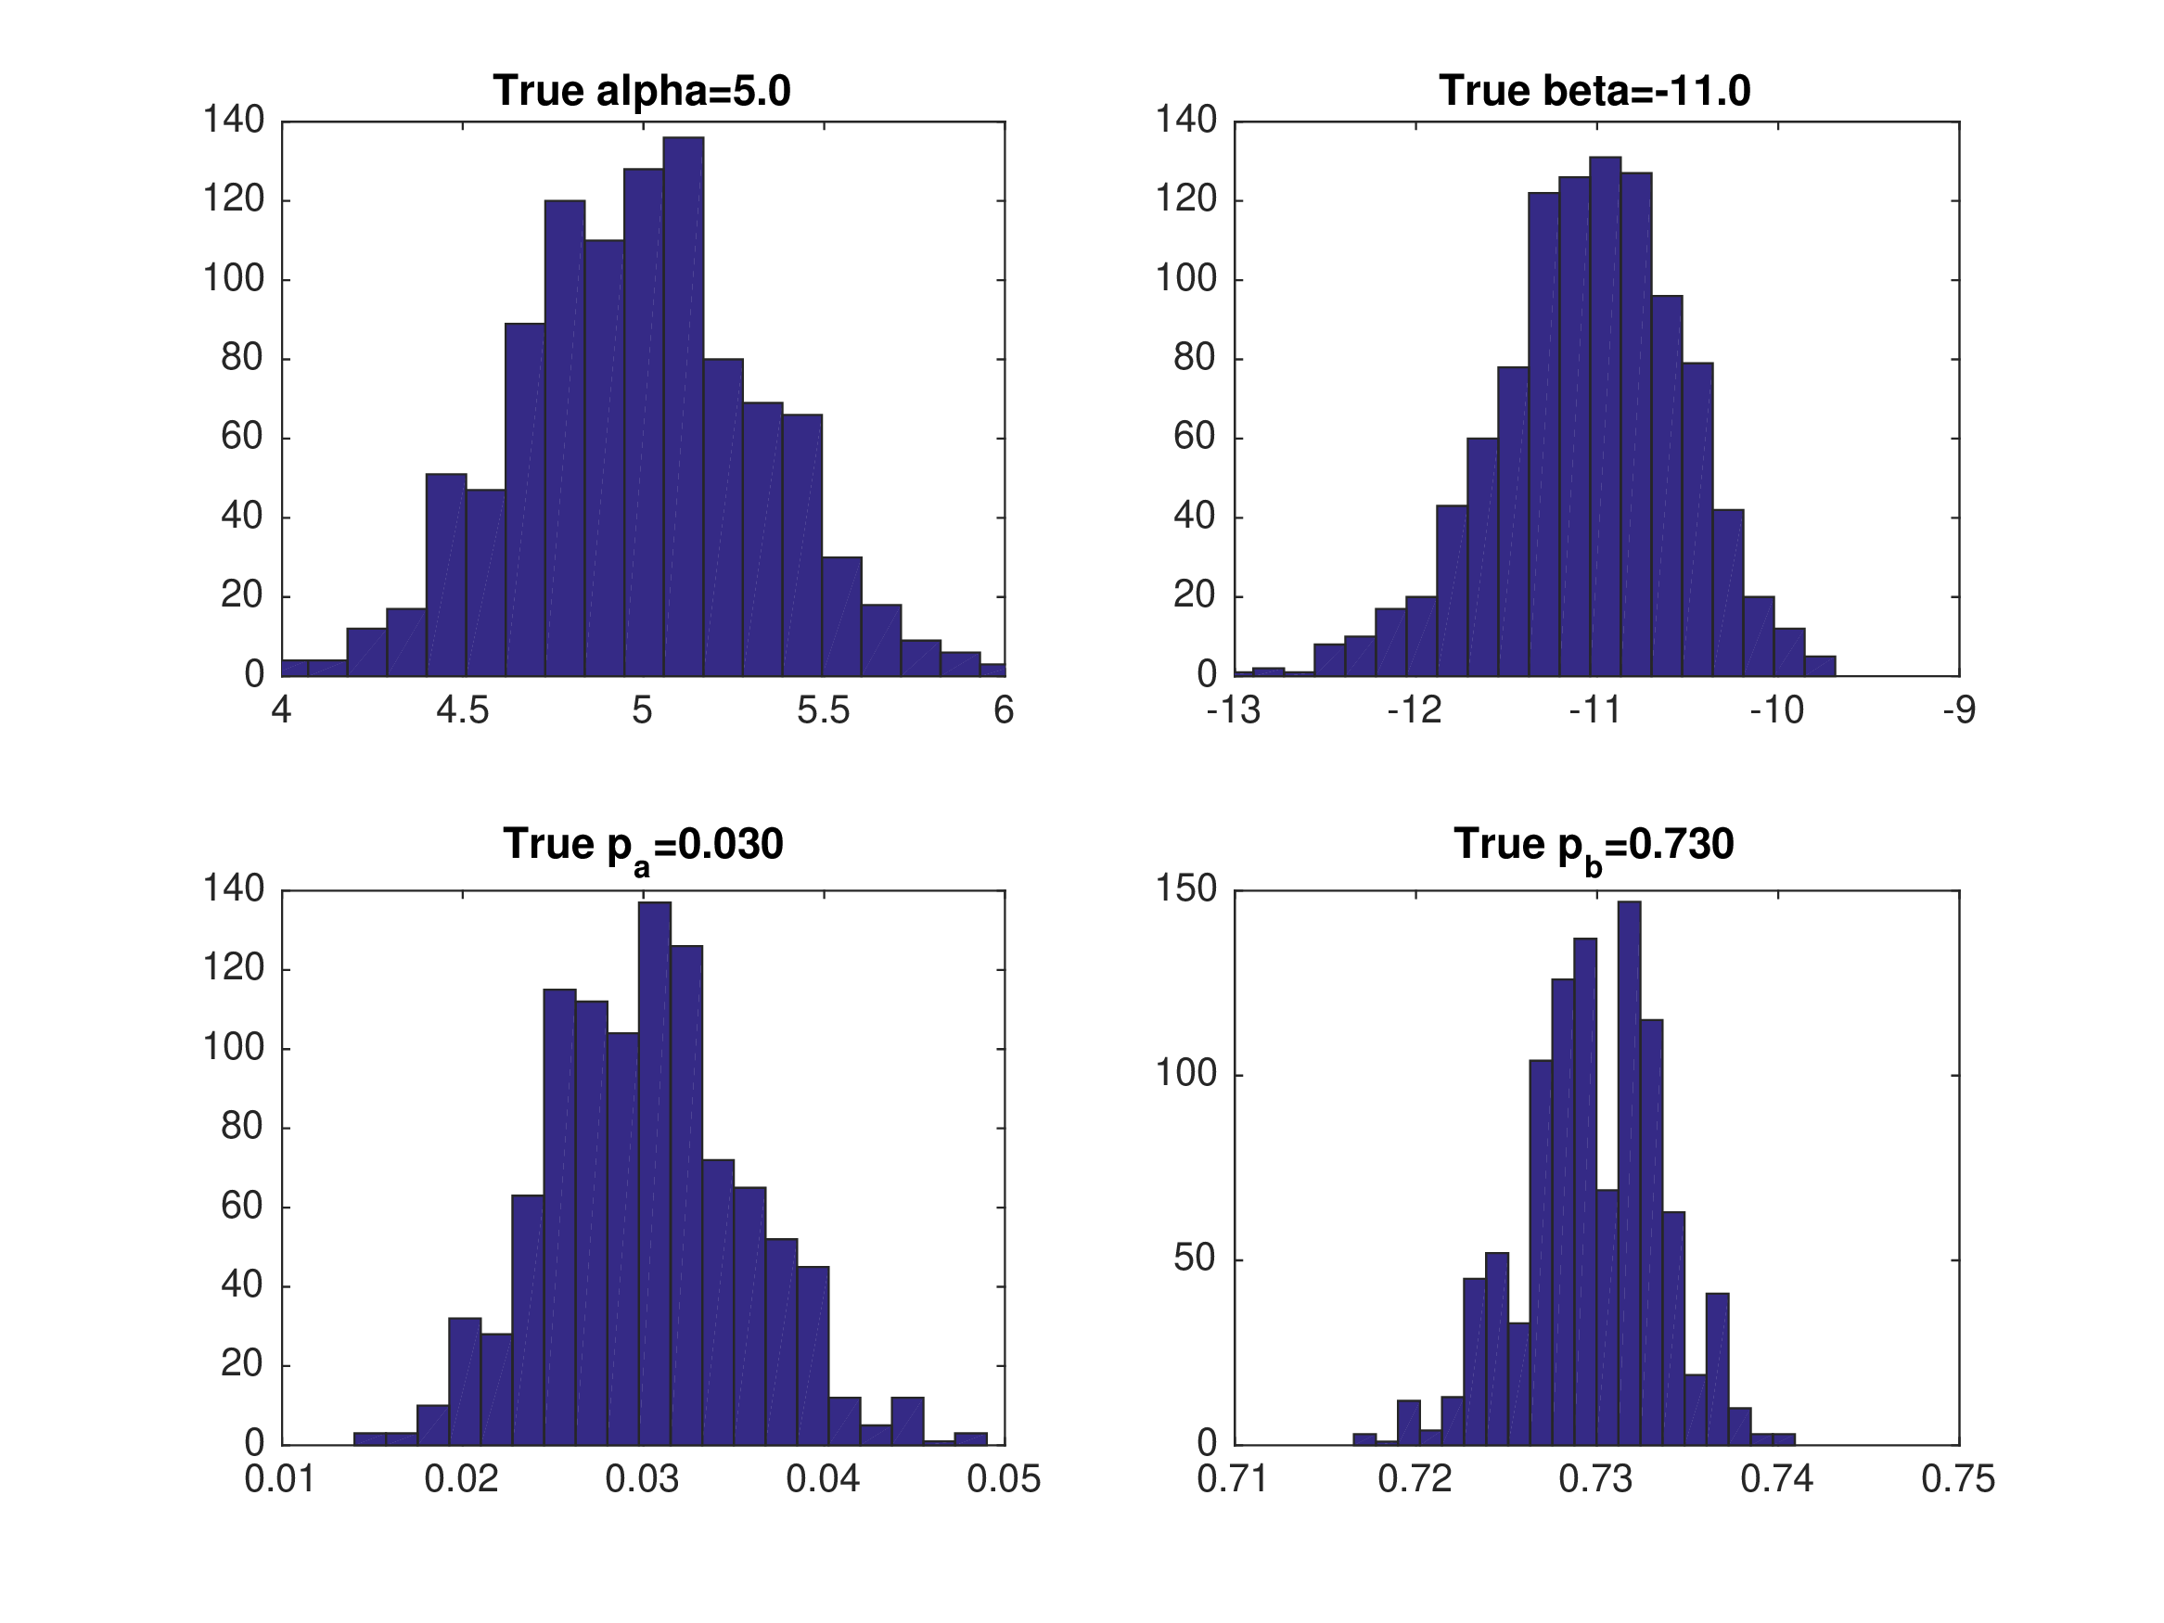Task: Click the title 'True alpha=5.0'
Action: pyautogui.click(x=642, y=91)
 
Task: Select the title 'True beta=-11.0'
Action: pyautogui.click(x=1594, y=91)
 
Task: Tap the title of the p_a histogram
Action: pyautogui.click(x=643, y=845)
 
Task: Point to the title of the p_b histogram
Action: pyautogui.click(x=1594, y=845)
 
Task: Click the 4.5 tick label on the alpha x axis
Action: pyautogui.click(x=462, y=711)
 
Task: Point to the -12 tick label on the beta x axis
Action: pyautogui.click(x=1414, y=711)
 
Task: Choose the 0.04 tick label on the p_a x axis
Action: pyautogui.click(x=823, y=1479)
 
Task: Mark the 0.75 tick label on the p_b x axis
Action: pyautogui.click(x=1957, y=1479)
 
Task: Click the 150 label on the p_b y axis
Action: pyautogui.click(x=1185, y=889)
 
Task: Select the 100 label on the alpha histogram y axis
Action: pyautogui.click(x=234, y=279)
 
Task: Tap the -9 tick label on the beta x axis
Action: pyautogui.click(x=1959, y=711)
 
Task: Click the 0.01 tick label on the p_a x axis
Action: pyautogui.click(x=280, y=1479)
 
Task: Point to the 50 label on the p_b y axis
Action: pyautogui.click(x=1195, y=1259)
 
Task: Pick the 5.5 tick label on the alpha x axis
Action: pyautogui.click(x=823, y=711)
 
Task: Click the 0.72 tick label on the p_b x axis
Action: pyautogui.click(x=1415, y=1479)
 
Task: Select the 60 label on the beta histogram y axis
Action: pyautogui.click(x=1195, y=438)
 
